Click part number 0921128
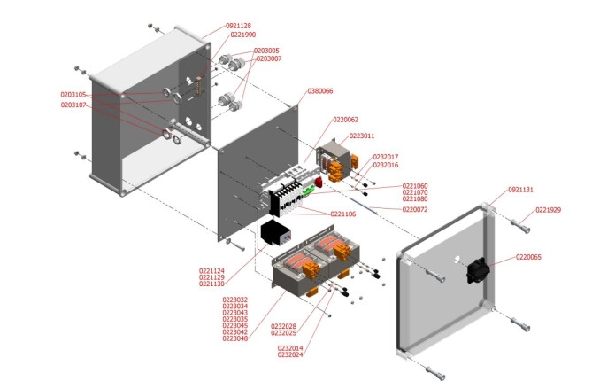coord(238,26)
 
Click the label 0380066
coord(320,91)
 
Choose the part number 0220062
coord(345,120)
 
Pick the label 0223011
coord(362,136)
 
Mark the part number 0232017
coord(386,157)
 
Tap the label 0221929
coord(548,210)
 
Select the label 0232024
coord(290,355)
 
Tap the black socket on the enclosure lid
coord(479,269)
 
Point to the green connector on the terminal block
coord(310,189)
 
